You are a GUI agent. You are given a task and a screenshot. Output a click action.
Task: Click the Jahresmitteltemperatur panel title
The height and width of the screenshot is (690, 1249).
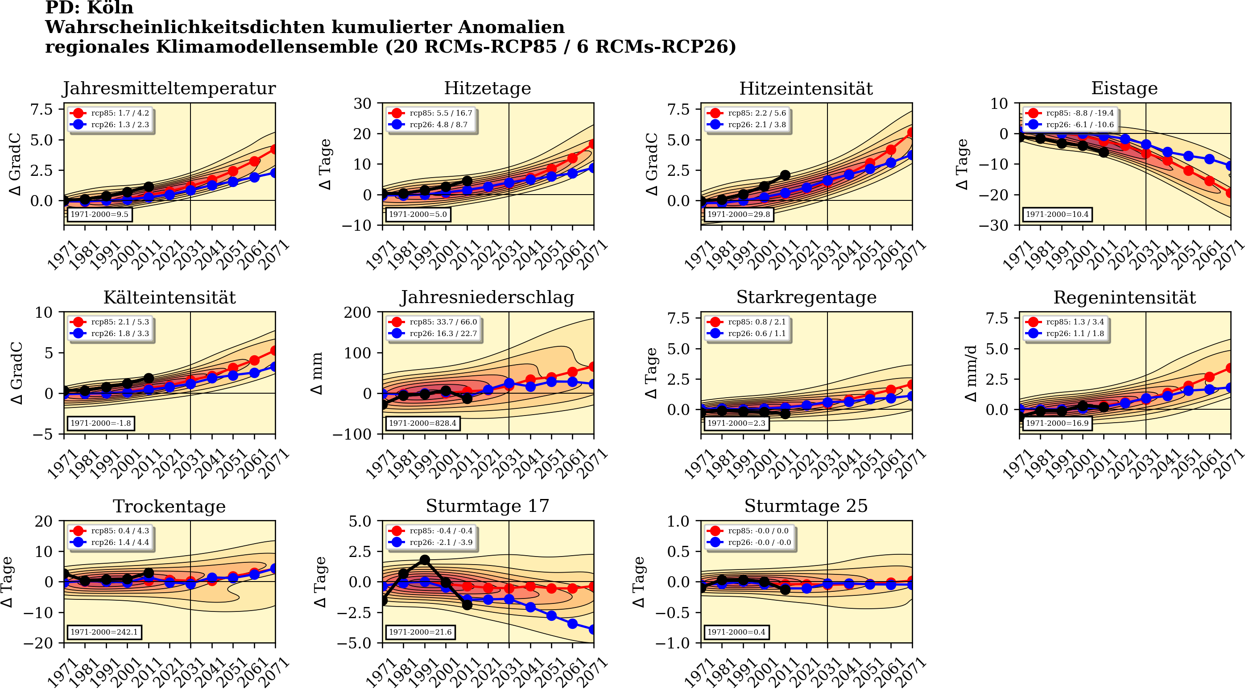(169, 88)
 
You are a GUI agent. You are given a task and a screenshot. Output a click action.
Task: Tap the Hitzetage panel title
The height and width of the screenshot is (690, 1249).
(487, 88)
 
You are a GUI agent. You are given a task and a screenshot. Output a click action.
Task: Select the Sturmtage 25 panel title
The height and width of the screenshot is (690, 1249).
(806, 506)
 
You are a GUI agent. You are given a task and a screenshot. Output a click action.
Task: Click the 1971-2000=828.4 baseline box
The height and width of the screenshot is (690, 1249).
(422, 423)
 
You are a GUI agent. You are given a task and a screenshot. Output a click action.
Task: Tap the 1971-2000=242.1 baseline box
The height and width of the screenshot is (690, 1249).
(104, 632)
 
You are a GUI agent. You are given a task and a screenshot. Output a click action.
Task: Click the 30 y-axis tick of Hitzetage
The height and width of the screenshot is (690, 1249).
(362, 104)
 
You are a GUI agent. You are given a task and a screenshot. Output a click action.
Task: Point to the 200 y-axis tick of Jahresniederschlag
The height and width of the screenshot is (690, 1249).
(357, 312)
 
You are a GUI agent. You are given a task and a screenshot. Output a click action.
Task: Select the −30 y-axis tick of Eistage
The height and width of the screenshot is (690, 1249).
(993, 225)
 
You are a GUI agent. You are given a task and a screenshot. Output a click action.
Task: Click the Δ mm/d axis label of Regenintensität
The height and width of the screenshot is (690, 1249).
(971, 373)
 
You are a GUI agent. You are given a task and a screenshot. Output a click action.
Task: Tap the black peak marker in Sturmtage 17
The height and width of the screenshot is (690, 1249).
(425, 560)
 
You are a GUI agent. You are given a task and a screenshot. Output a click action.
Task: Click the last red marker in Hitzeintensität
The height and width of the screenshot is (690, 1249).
(911, 132)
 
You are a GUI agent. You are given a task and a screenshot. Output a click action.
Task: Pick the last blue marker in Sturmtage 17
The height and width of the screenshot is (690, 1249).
(593, 629)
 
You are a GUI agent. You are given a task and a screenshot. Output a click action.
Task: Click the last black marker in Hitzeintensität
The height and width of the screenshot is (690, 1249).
(785, 175)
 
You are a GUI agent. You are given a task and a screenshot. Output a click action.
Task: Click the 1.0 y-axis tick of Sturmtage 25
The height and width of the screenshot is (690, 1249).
(678, 522)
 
